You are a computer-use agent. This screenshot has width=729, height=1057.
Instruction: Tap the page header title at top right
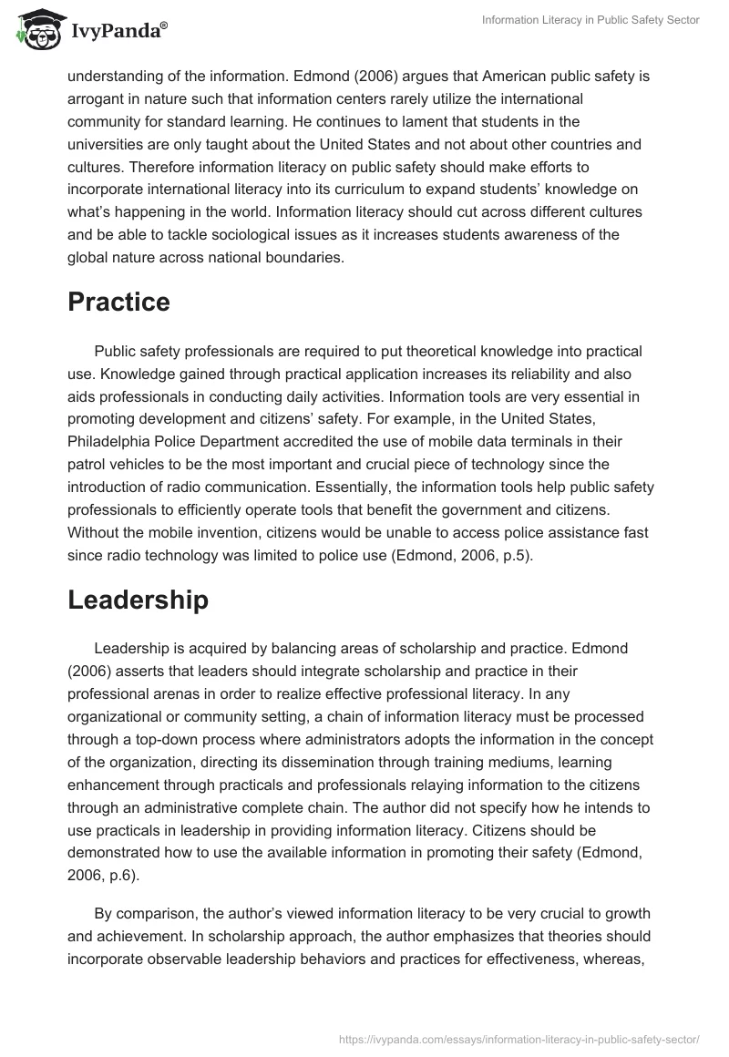(591, 20)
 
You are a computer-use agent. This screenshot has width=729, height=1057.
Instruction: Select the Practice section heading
(118, 303)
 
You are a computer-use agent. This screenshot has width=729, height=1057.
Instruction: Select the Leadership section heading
(138, 600)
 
